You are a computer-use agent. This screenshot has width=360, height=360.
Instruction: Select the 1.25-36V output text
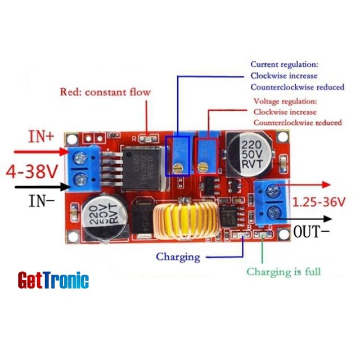click(x=318, y=201)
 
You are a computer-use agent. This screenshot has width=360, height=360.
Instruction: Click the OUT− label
click(x=315, y=231)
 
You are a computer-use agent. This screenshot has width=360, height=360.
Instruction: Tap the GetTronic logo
click(x=53, y=280)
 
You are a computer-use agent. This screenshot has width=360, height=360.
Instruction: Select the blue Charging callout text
click(x=178, y=257)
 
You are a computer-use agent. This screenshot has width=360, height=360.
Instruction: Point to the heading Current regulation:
click(x=285, y=65)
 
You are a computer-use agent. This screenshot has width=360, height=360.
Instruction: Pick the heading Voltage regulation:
click(x=285, y=102)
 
